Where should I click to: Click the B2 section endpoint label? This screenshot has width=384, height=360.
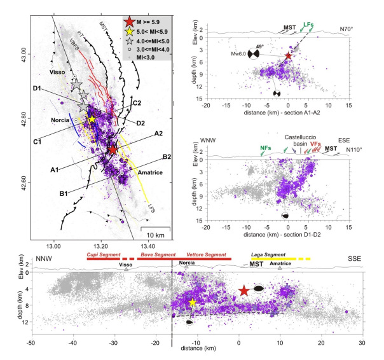[x=167, y=156]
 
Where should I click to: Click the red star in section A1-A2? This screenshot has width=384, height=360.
[x=289, y=56]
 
